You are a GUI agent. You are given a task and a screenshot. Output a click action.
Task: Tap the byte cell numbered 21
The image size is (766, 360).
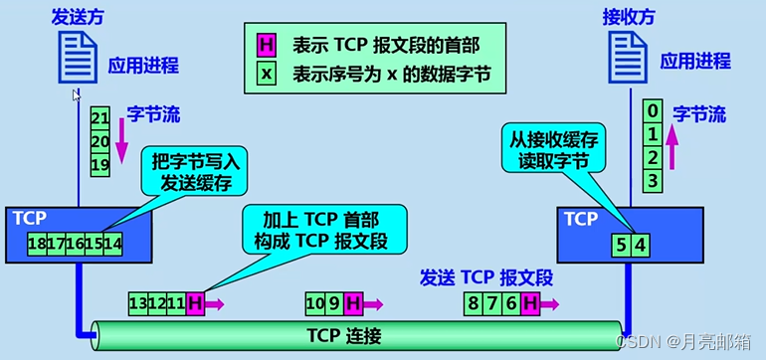(x=98, y=116)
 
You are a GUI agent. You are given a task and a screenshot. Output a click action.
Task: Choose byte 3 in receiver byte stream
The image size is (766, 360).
(x=652, y=180)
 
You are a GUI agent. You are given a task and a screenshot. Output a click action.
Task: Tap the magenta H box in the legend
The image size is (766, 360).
(x=267, y=45)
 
